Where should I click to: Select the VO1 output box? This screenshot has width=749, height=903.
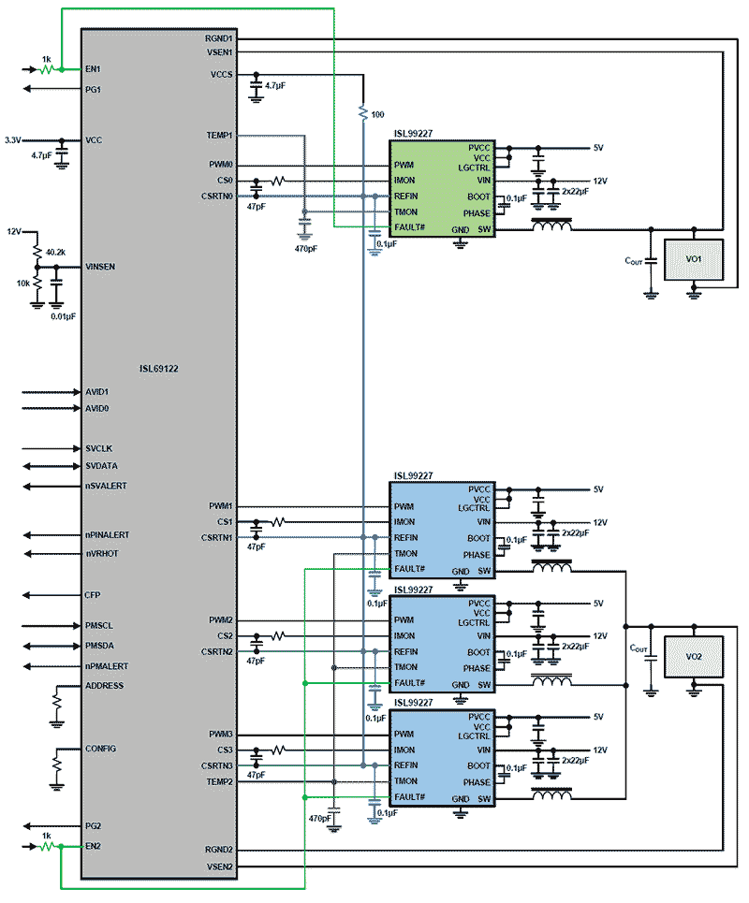694,258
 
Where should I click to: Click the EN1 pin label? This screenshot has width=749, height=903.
93,69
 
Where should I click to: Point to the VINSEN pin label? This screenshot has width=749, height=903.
100,267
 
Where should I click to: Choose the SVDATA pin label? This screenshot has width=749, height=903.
101,466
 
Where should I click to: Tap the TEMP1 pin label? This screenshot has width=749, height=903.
220,136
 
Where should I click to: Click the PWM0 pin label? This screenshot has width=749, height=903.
221,165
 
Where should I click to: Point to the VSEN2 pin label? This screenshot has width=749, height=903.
220,867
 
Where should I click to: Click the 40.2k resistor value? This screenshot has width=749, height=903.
55,252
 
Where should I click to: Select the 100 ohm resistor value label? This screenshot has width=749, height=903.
377,114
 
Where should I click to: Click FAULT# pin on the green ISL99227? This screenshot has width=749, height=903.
410,228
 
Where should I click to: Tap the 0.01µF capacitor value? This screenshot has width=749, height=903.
63,316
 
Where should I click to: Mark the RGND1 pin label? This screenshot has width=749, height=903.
220,38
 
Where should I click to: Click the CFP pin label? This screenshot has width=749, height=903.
92,594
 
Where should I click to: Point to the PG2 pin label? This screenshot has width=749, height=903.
93,826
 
